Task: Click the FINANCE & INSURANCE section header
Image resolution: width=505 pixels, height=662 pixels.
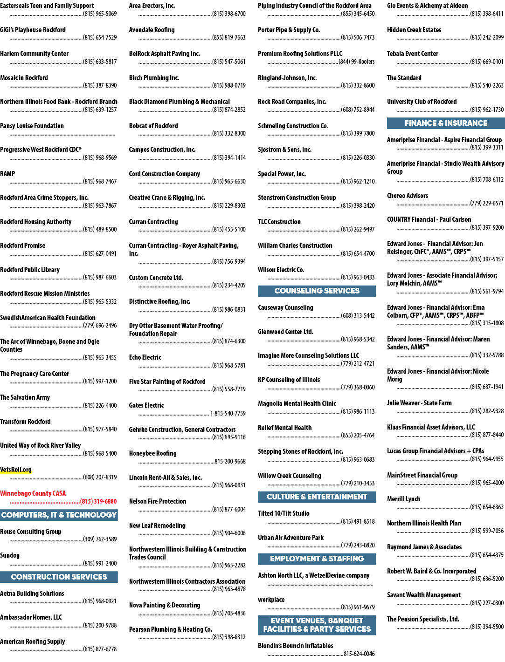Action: pyautogui.click(x=445, y=123)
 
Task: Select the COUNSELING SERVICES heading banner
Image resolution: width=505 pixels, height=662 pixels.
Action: pyautogui.click(x=317, y=291)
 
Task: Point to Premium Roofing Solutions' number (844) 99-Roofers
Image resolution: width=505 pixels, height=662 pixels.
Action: pyautogui.click(x=357, y=61)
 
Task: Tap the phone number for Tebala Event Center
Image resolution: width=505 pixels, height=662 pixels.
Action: pyautogui.click(x=487, y=61)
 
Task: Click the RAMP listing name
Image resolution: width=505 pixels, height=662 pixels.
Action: pyautogui.click(x=7, y=174)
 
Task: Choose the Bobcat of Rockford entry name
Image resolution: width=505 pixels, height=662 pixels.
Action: pyautogui.click(x=153, y=126)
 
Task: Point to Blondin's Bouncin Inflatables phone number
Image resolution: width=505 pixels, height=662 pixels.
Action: pyautogui.click(x=359, y=654)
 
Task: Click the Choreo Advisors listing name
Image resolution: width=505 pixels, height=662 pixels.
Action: pyautogui.click(x=408, y=196)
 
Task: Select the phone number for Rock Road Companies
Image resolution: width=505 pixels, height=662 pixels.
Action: pyautogui.click(x=358, y=109)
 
